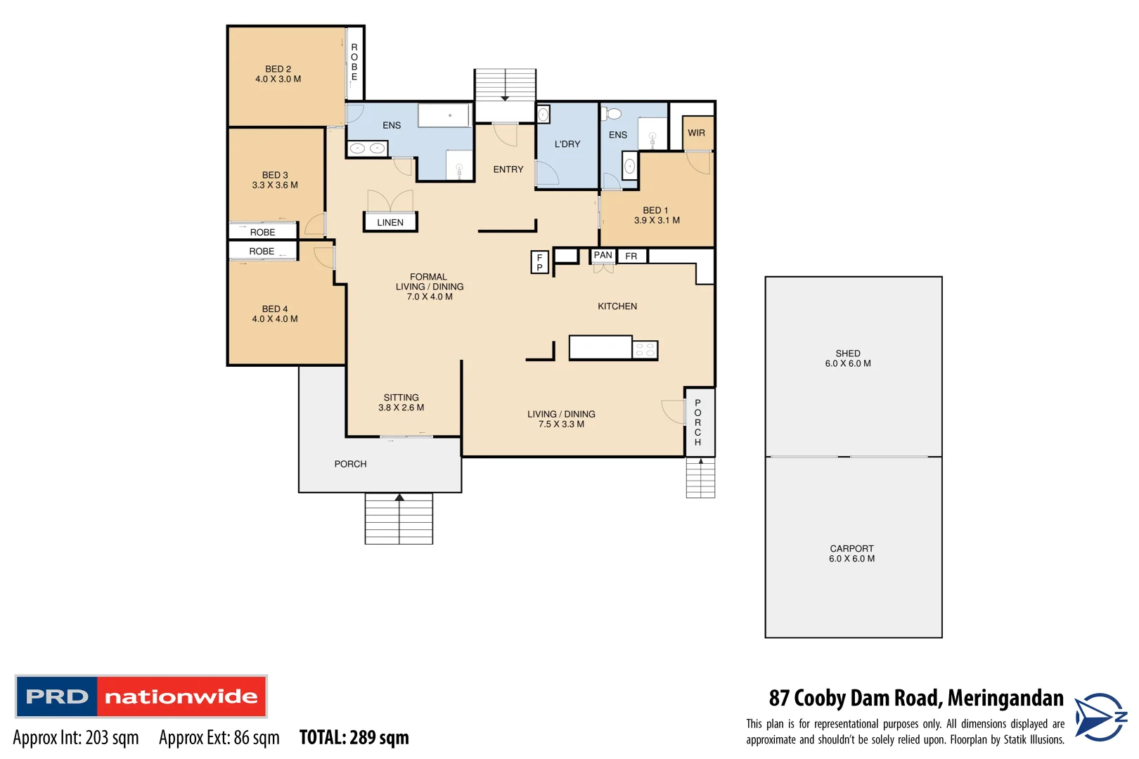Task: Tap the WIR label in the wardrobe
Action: click(x=696, y=133)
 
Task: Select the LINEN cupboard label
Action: click(x=390, y=222)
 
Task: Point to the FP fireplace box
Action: click(x=539, y=262)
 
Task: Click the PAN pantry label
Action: click(x=603, y=255)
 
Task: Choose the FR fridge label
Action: click(x=631, y=257)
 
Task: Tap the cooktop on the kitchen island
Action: click(x=645, y=349)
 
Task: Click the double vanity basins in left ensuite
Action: click(x=367, y=148)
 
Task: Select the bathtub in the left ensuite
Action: click(x=444, y=115)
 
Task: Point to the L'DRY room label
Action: click(x=567, y=144)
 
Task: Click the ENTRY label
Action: click(x=508, y=169)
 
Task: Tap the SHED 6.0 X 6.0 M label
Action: click(x=848, y=358)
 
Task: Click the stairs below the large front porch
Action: click(x=399, y=519)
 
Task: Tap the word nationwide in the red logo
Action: click(x=181, y=696)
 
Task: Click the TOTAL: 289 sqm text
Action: click(x=354, y=737)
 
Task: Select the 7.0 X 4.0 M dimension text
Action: click(x=430, y=297)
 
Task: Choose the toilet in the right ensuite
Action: click(x=614, y=114)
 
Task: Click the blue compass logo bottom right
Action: click(x=1100, y=717)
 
